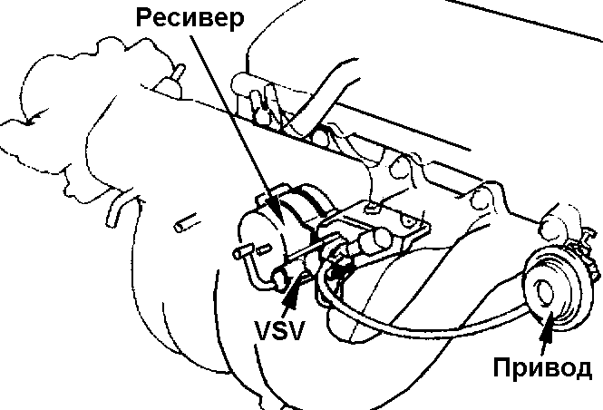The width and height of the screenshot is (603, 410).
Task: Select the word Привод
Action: pos(543,368)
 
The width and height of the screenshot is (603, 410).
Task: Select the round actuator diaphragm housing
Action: pos(550,290)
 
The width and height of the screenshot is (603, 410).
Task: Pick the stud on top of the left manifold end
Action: pos(178,73)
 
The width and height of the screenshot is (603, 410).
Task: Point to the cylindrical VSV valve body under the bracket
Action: pos(372,243)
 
